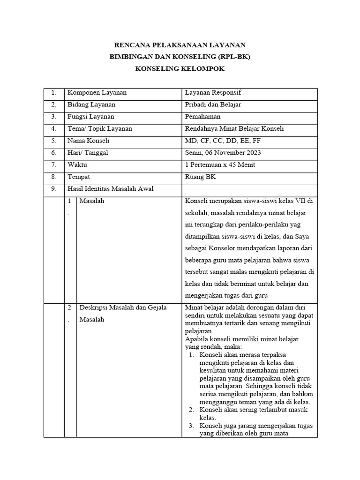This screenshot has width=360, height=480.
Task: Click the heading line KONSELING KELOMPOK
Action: click(180, 69)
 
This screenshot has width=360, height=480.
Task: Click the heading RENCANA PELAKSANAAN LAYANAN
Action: click(180, 45)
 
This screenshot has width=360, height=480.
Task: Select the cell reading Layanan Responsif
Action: click(213, 93)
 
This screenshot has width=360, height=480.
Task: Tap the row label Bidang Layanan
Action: click(91, 105)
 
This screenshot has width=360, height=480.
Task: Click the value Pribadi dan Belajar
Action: click(213, 105)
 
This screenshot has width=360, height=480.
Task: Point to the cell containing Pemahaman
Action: click(203, 117)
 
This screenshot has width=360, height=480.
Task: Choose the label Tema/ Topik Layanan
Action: click(100, 128)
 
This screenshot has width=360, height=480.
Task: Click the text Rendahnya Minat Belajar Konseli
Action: click(234, 128)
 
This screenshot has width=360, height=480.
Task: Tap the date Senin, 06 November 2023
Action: click(223, 153)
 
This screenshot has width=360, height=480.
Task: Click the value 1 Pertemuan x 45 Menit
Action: click(220, 165)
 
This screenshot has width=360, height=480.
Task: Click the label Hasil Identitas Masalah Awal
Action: click(111, 189)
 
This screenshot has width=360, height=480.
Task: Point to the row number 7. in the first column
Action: click(54, 165)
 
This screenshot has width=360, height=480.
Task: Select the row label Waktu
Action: click(77, 165)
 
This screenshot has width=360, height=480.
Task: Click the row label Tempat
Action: click(79, 177)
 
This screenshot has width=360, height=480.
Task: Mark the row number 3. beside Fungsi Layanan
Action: click(54, 117)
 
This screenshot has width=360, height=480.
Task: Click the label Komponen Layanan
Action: click(97, 93)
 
